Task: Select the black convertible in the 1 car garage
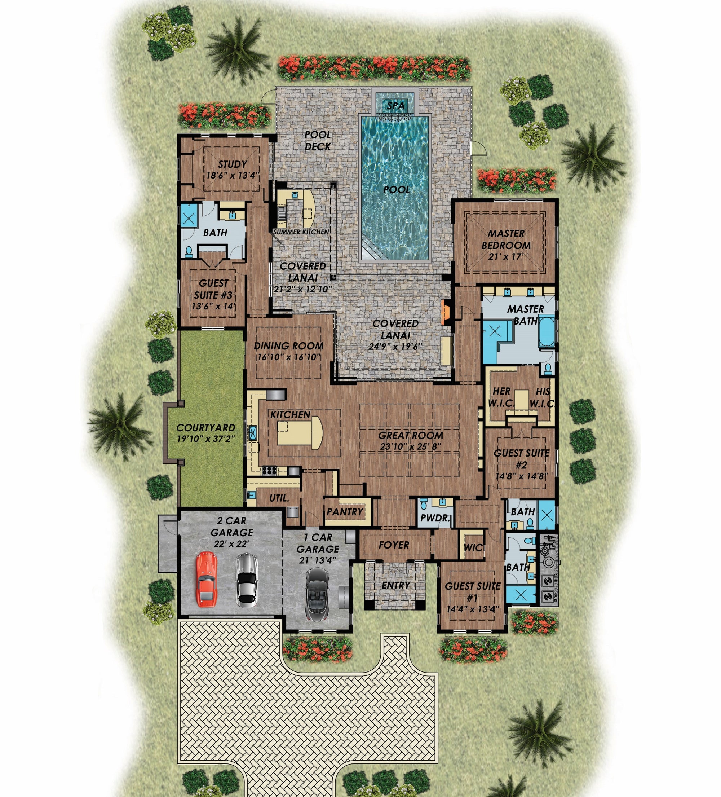click(317, 595)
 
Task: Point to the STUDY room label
click(233, 164)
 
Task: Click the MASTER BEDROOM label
click(506, 239)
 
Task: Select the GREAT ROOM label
click(410, 435)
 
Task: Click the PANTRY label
click(345, 512)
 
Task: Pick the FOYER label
click(394, 545)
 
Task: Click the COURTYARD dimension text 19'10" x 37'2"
click(205, 439)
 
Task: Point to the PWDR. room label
click(435, 518)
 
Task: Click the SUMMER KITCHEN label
click(301, 232)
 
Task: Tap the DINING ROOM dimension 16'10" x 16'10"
click(288, 357)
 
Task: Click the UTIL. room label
click(279, 498)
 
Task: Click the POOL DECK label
click(317, 140)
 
